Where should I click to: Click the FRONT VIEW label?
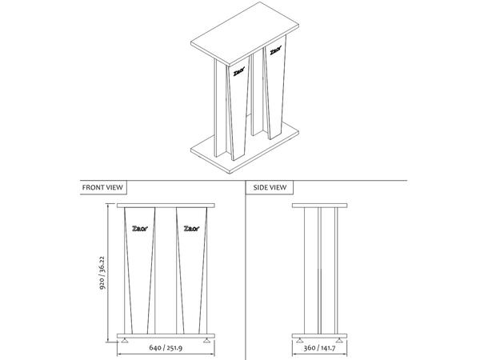click(102, 187)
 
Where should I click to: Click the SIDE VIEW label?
click(270, 187)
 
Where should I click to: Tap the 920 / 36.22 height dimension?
click(102, 273)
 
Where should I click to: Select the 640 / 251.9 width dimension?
click(166, 347)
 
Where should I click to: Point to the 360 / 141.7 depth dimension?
click(319, 347)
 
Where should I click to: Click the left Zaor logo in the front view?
click(140, 229)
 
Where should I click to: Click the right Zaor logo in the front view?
click(192, 229)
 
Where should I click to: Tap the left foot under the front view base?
click(125, 340)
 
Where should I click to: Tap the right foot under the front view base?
click(206, 340)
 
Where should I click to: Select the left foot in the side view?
click(299, 340)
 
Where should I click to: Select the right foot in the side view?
click(339, 340)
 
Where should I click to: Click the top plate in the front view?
click(166, 206)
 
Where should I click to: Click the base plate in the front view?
click(166, 336)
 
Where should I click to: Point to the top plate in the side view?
click(319, 206)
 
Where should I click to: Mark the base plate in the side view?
click(319, 336)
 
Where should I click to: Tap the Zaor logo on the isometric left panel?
click(239, 72)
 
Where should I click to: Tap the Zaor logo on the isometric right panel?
click(275, 50)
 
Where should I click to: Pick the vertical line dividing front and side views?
click(246, 270)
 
